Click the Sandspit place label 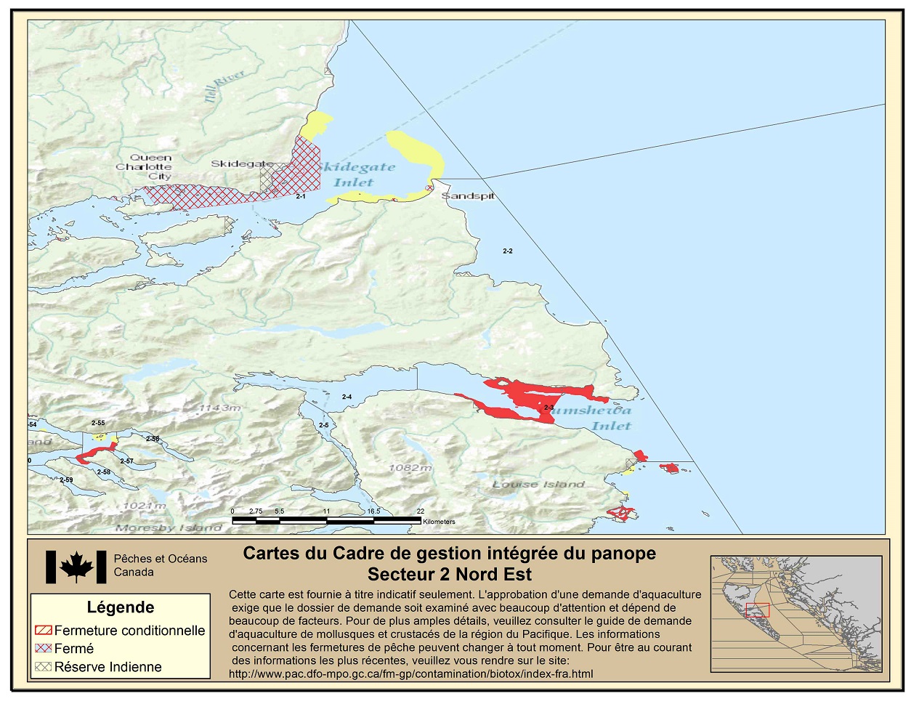(468, 196)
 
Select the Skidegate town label (242, 163)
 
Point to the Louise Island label (538, 484)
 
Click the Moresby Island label (169, 527)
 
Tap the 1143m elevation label (219, 408)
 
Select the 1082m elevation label (410, 467)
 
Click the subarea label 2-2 (508, 251)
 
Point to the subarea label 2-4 (347, 397)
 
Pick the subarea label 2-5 (323, 425)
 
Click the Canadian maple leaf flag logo (76, 567)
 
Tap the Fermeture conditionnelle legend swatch (44, 630)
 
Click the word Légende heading (121, 607)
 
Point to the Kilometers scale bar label (439, 522)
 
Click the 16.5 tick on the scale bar (373, 511)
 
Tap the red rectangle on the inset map (757, 610)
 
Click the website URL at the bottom (410, 673)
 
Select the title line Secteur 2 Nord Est (449, 574)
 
